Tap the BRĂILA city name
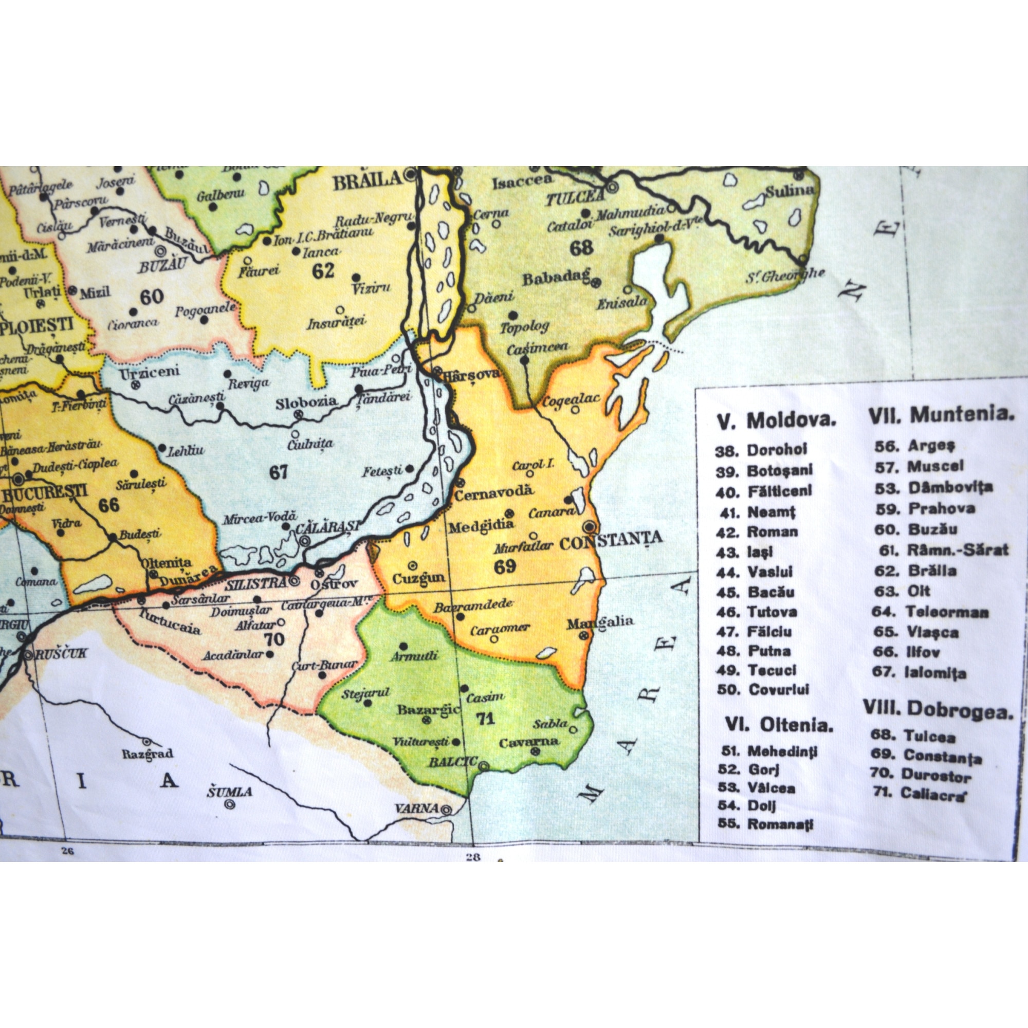click(x=366, y=181)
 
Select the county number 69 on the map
click(x=504, y=566)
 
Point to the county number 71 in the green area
click(x=485, y=719)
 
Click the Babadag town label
click(x=556, y=278)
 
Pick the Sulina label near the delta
click(x=789, y=191)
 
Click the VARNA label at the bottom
click(x=417, y=808)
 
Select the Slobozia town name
click(x=306, y=402)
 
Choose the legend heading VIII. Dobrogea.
click(x=938, y=710)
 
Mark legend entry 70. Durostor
click(x=921, y=775)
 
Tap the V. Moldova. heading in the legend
click(x=776, y=421)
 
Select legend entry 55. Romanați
click(x=766, y=824)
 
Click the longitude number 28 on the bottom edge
click(x=472, y=857)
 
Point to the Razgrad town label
click(x=148, y=754)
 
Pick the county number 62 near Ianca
click(x=323, y=271)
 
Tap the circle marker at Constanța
click(x=589, y=527)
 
